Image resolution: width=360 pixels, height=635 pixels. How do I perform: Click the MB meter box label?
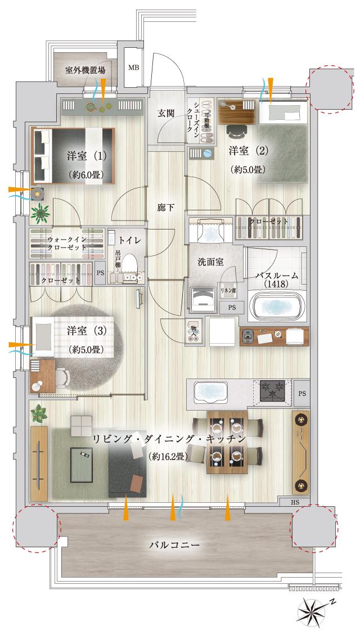coord(133,68)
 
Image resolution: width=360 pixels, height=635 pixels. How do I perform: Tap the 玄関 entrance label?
coord(166,112)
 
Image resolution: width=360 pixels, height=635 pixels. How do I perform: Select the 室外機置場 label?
coord(85,70)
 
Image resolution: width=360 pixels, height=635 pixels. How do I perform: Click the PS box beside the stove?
coord(302,393)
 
